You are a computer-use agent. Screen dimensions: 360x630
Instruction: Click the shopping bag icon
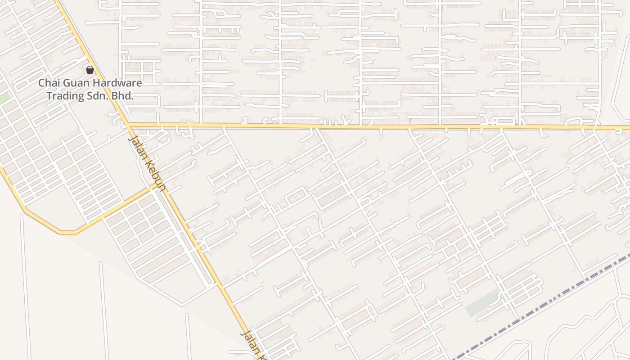pyautogui.click(x=90, y=69)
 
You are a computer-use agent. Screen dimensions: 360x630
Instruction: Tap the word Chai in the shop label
pyautogui.click(x=49, y=83)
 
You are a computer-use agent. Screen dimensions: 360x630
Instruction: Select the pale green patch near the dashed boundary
pyautogui.click(x=481, y=304)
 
